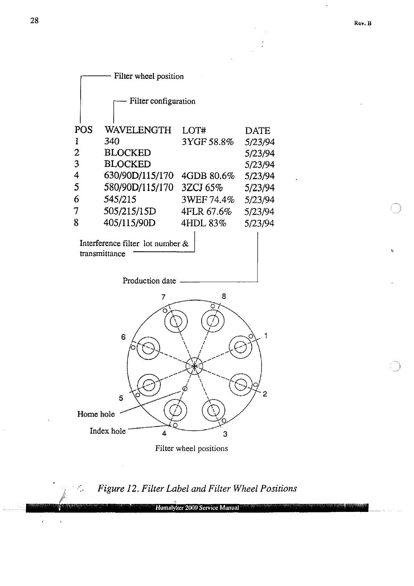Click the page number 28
[x=34, y=21]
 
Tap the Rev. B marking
[x=363, y=23]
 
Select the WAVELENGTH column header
[x=138, y=130]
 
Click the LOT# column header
[x=194, y=130]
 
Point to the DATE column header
[x=257, y=131]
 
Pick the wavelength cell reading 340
[x=112, y=141]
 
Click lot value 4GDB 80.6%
[x=208, y=176]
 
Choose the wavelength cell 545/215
[x=120, y=200]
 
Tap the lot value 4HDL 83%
[x=204, y=223]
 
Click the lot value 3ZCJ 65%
[x=202, y=188]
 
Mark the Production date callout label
[x=149, y=281]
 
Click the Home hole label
[x=96, y=414]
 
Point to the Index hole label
[x=107, y=431]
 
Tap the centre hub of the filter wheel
[x=194, y=366]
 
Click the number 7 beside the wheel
[x=163, y=297]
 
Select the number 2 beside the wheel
[x=265, y=394]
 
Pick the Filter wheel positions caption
[x=191, y=448]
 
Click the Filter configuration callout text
[x=162, y=101]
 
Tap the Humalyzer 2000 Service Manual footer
[x=197, y=508]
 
